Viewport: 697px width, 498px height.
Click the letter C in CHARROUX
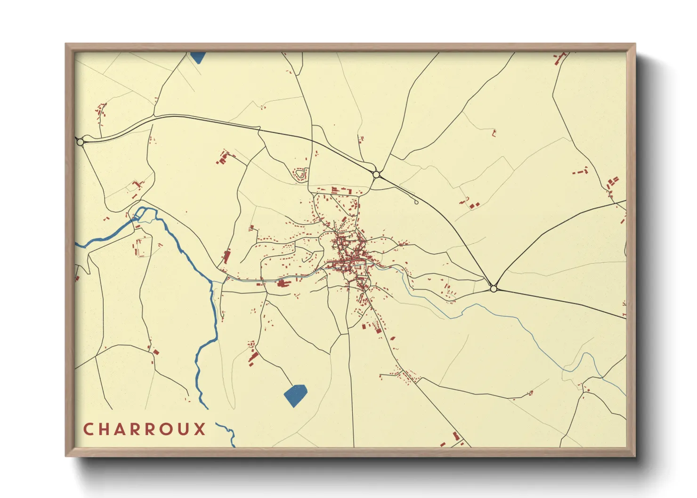click(x=88, y=429)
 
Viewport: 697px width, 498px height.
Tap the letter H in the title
click(x=104, y=429)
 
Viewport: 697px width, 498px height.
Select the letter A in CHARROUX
click(x=121, y=429)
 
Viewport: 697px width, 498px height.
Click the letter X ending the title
click(x=201, y=429)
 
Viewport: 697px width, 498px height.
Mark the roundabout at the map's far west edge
click(x=80, y=142)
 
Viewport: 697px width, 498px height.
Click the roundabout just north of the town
click(x=376, y=175)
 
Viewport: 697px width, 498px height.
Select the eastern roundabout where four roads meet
click(x=493, y=289)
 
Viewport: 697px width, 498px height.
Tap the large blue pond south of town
click(x=295, y=395)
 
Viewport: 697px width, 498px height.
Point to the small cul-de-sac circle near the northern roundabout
click(x=416, y=202)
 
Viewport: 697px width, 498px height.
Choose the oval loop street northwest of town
click(x=300, y=175)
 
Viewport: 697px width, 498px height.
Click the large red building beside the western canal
click(x=283, y=283)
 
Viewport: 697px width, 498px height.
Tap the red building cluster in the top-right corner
click(x=559, y=58)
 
